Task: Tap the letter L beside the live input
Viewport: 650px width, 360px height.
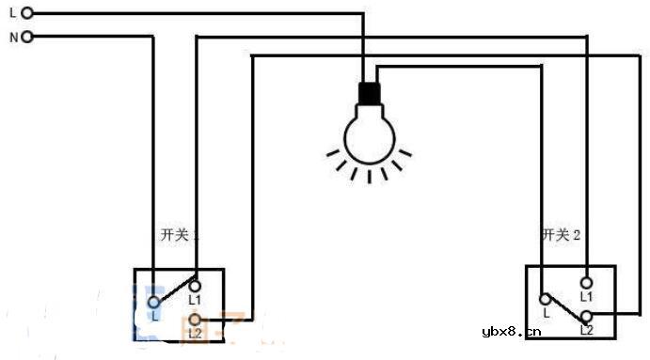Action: [11, 13]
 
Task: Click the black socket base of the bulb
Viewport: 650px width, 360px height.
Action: [369, 93]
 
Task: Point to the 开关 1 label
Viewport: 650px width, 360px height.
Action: [179, 234]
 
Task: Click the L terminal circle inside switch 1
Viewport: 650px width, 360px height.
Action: [153, 302]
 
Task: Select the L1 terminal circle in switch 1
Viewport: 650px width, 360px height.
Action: [195, 284]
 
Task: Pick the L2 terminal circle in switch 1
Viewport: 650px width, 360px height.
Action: [195, 321]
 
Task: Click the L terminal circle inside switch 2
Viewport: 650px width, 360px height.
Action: [545, 300]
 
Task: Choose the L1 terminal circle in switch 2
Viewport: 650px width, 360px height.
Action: [586, 282]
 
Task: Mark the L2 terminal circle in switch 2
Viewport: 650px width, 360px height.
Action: [586, 317]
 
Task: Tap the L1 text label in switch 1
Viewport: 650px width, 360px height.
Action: [196, 300]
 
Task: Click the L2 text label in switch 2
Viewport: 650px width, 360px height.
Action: [586, 331]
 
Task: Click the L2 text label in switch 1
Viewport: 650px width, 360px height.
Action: [195, 334]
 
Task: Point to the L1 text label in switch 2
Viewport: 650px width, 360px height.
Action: [586, 297]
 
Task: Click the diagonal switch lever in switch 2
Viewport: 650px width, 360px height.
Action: [564, 308]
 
